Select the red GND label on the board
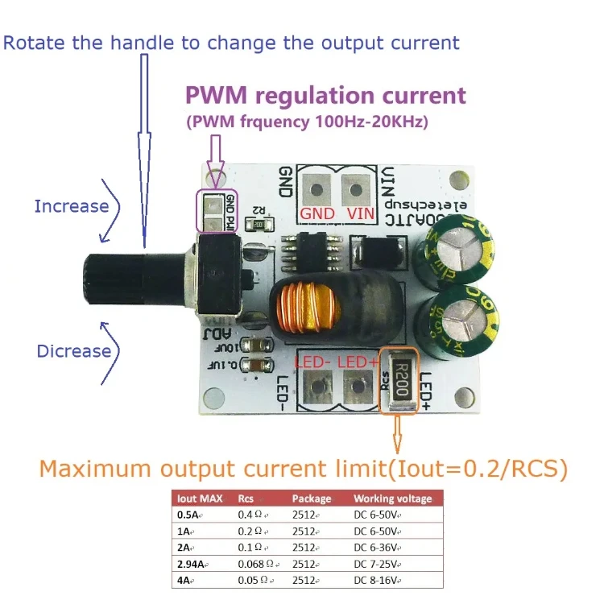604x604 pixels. pyautogui.click(x=316, y=213)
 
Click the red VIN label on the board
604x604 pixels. pyautogui.click(x=360, y=213)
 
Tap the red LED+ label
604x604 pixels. pyautogui.click(x=359, y=364)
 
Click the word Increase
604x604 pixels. pyautogui.click(x=71, y=206)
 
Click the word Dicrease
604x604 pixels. pyautogui.click(x=73, y=351)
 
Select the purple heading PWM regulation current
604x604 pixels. pyautogui.click(x=325, y=96)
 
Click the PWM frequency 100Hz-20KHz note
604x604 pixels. pyautogui.click(x=307, y=122)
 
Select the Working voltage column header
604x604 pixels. pyautogui.click(x=392, y=499)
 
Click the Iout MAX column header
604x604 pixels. pyautogui.click(x=199, y=499)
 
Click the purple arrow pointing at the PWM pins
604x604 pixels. pyautogui.click(x=215, y=158)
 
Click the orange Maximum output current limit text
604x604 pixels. pyautogui.click(x=303, y=468)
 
